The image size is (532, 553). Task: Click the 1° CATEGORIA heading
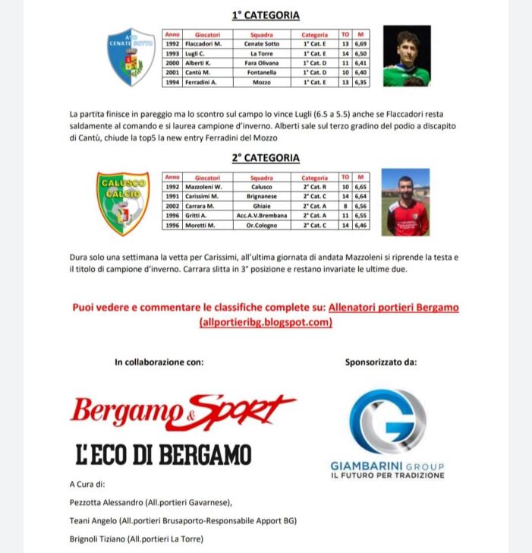(x=266, y=15)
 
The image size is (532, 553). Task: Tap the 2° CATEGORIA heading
(x=266, y=158)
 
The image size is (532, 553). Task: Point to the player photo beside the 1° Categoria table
(x=406, y=56)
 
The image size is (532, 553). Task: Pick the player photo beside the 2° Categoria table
(x=405, y=201)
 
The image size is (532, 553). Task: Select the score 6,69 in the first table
(x=361, y=44)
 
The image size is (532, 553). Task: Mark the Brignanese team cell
(x=262, y=196)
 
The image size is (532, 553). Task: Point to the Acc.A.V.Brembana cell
(x=262, y=216)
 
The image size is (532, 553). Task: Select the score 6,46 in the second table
(x=361, y=226)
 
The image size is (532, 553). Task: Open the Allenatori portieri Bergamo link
(x=394, y=308)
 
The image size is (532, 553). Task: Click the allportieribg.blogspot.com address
(x=266, y=323)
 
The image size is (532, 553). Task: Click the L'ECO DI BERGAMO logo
(x=163, y=454)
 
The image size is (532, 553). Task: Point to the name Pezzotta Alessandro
(x=106, y=502)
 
